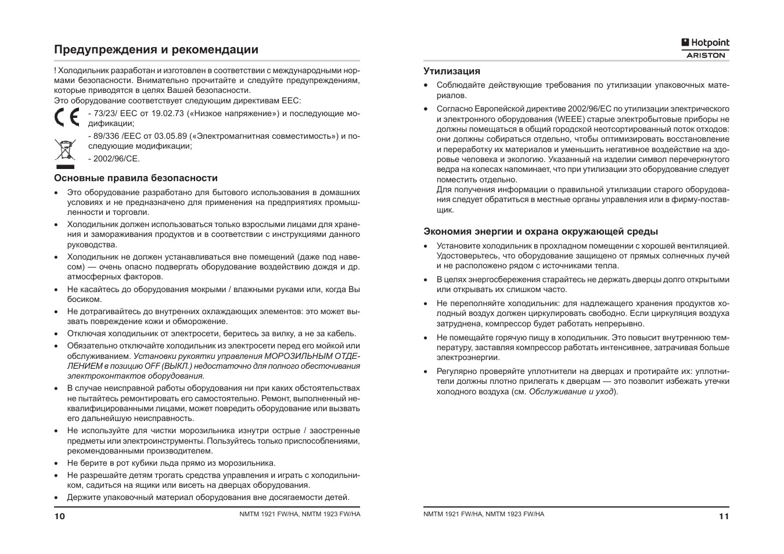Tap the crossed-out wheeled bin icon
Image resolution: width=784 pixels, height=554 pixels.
tap(65, 149)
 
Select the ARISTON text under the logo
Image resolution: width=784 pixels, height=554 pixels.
tap(706, 55)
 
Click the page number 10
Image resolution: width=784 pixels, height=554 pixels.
tap(60, 516)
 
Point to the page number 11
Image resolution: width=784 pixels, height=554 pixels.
tap(723, 516)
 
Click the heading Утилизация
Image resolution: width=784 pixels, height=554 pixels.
tap(452, 71)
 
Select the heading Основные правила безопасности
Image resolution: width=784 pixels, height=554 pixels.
tap(136, 178)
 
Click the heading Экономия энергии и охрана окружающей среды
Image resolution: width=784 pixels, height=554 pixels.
tap(541, 231)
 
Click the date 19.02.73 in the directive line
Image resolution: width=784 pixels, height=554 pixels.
tap(167, 113)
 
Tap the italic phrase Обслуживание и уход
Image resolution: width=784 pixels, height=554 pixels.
tap(571, 391)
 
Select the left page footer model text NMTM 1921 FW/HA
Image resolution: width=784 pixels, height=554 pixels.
tap(269, 514)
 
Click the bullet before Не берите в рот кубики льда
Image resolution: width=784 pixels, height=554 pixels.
tap(56, 463)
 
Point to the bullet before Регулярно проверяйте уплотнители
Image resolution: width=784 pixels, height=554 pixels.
tap(426, 372)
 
